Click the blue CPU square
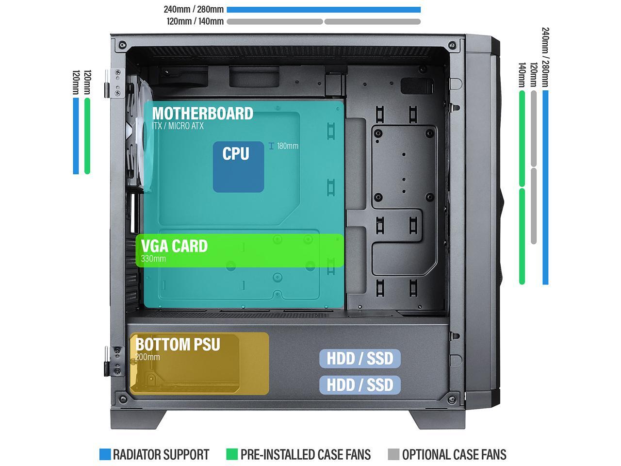pos(238,167)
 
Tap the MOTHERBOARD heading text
pos(202,114)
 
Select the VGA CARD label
pos(174,246)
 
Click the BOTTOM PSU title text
pos(178,345)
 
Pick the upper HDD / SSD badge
pos(360,359)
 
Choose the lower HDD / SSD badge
pos(360,385)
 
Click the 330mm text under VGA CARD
pos(153,259)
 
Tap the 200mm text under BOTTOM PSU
pos(147,357)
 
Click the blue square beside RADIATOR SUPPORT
pos(105,454)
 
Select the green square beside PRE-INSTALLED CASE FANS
pos(232,454)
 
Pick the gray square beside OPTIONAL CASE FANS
pos(393,454)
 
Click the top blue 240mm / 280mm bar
pos(324,10)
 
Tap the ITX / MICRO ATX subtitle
pos(178,126)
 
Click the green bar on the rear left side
pos(87,136)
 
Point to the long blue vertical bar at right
pos(545,187)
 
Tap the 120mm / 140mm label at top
pos(195,21)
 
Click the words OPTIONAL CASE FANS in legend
pos(454,454)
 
